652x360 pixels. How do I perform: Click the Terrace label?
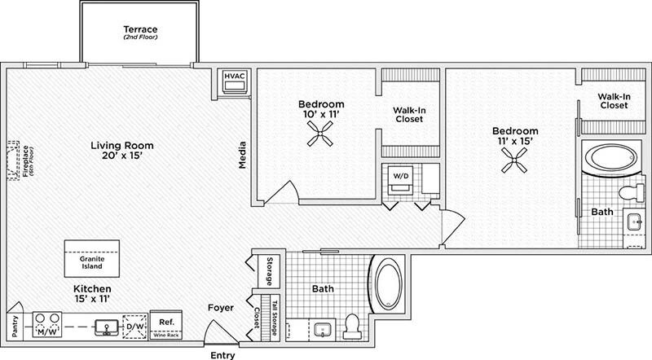click(140, 30)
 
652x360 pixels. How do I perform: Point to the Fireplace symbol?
click(14, 160)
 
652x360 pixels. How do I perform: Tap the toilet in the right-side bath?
click(629, 194)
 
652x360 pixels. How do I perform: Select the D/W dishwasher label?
click(136, 328)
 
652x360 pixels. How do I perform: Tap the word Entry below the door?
click(222, 354)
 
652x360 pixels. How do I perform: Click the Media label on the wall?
click(242, 156)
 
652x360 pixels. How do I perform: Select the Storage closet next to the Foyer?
click(267, 271)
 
